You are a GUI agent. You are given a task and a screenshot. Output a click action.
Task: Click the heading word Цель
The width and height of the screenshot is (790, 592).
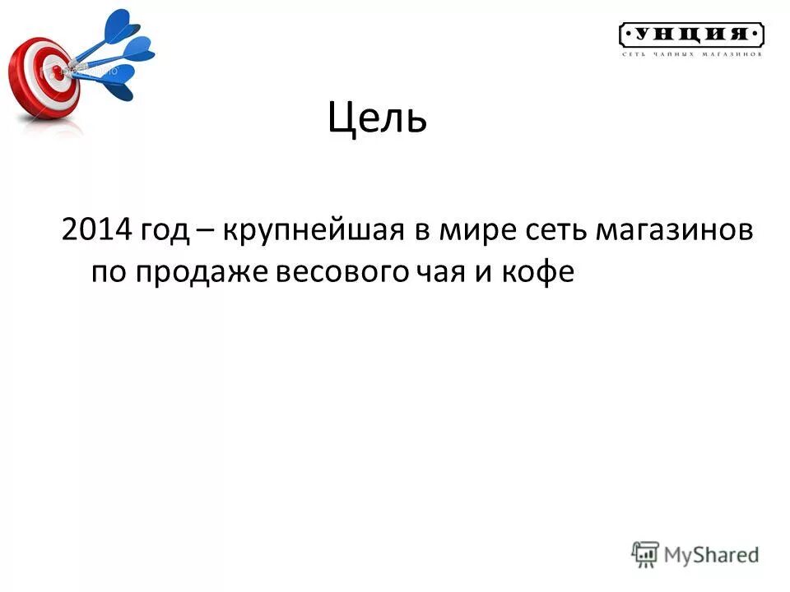(378, 120)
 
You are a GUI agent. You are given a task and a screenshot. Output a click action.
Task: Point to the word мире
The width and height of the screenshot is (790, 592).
(476, 232)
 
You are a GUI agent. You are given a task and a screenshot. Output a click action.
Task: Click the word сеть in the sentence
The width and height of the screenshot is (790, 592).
(553, 231)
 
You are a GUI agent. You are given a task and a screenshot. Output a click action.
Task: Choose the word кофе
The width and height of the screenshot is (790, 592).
(541, 272)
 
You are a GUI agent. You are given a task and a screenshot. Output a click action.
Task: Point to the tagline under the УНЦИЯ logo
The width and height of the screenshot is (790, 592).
(691, 54)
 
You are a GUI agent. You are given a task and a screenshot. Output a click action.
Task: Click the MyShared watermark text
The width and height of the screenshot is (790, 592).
(712, 555)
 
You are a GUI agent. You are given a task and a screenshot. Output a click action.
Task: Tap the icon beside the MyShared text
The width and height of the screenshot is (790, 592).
(646, 554)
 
